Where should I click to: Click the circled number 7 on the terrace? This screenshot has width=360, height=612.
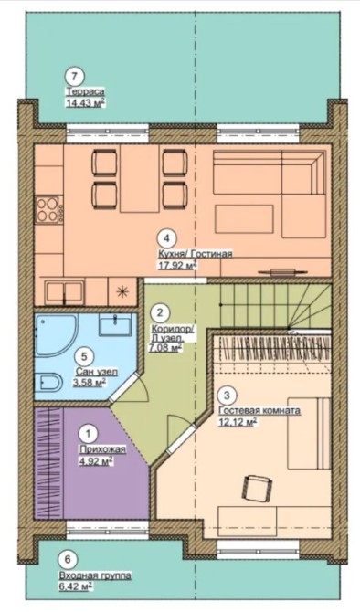point(75,76)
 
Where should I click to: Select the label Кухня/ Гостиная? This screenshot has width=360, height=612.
point(195,255)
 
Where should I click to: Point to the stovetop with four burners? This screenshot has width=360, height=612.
point(48,209)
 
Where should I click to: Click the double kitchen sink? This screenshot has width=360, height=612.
point(65,292)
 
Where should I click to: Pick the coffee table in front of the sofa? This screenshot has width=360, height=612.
point(244,219)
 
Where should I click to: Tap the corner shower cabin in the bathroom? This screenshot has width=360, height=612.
point(56,334)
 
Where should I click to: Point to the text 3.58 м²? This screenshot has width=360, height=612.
point(90,383)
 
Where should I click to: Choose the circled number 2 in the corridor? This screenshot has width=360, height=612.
point(159,312)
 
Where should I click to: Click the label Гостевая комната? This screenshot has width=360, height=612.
point(259,411)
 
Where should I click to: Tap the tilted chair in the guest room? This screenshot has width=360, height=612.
point(256,487)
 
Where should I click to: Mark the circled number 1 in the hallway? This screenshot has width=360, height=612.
point(89,434)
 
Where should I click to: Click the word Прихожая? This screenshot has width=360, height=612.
point(102,449)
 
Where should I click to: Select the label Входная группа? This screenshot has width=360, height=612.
point(95,575)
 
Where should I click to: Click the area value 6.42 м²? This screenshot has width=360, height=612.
point(76,586)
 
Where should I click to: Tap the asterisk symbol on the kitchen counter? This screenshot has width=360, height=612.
point(122,290)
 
